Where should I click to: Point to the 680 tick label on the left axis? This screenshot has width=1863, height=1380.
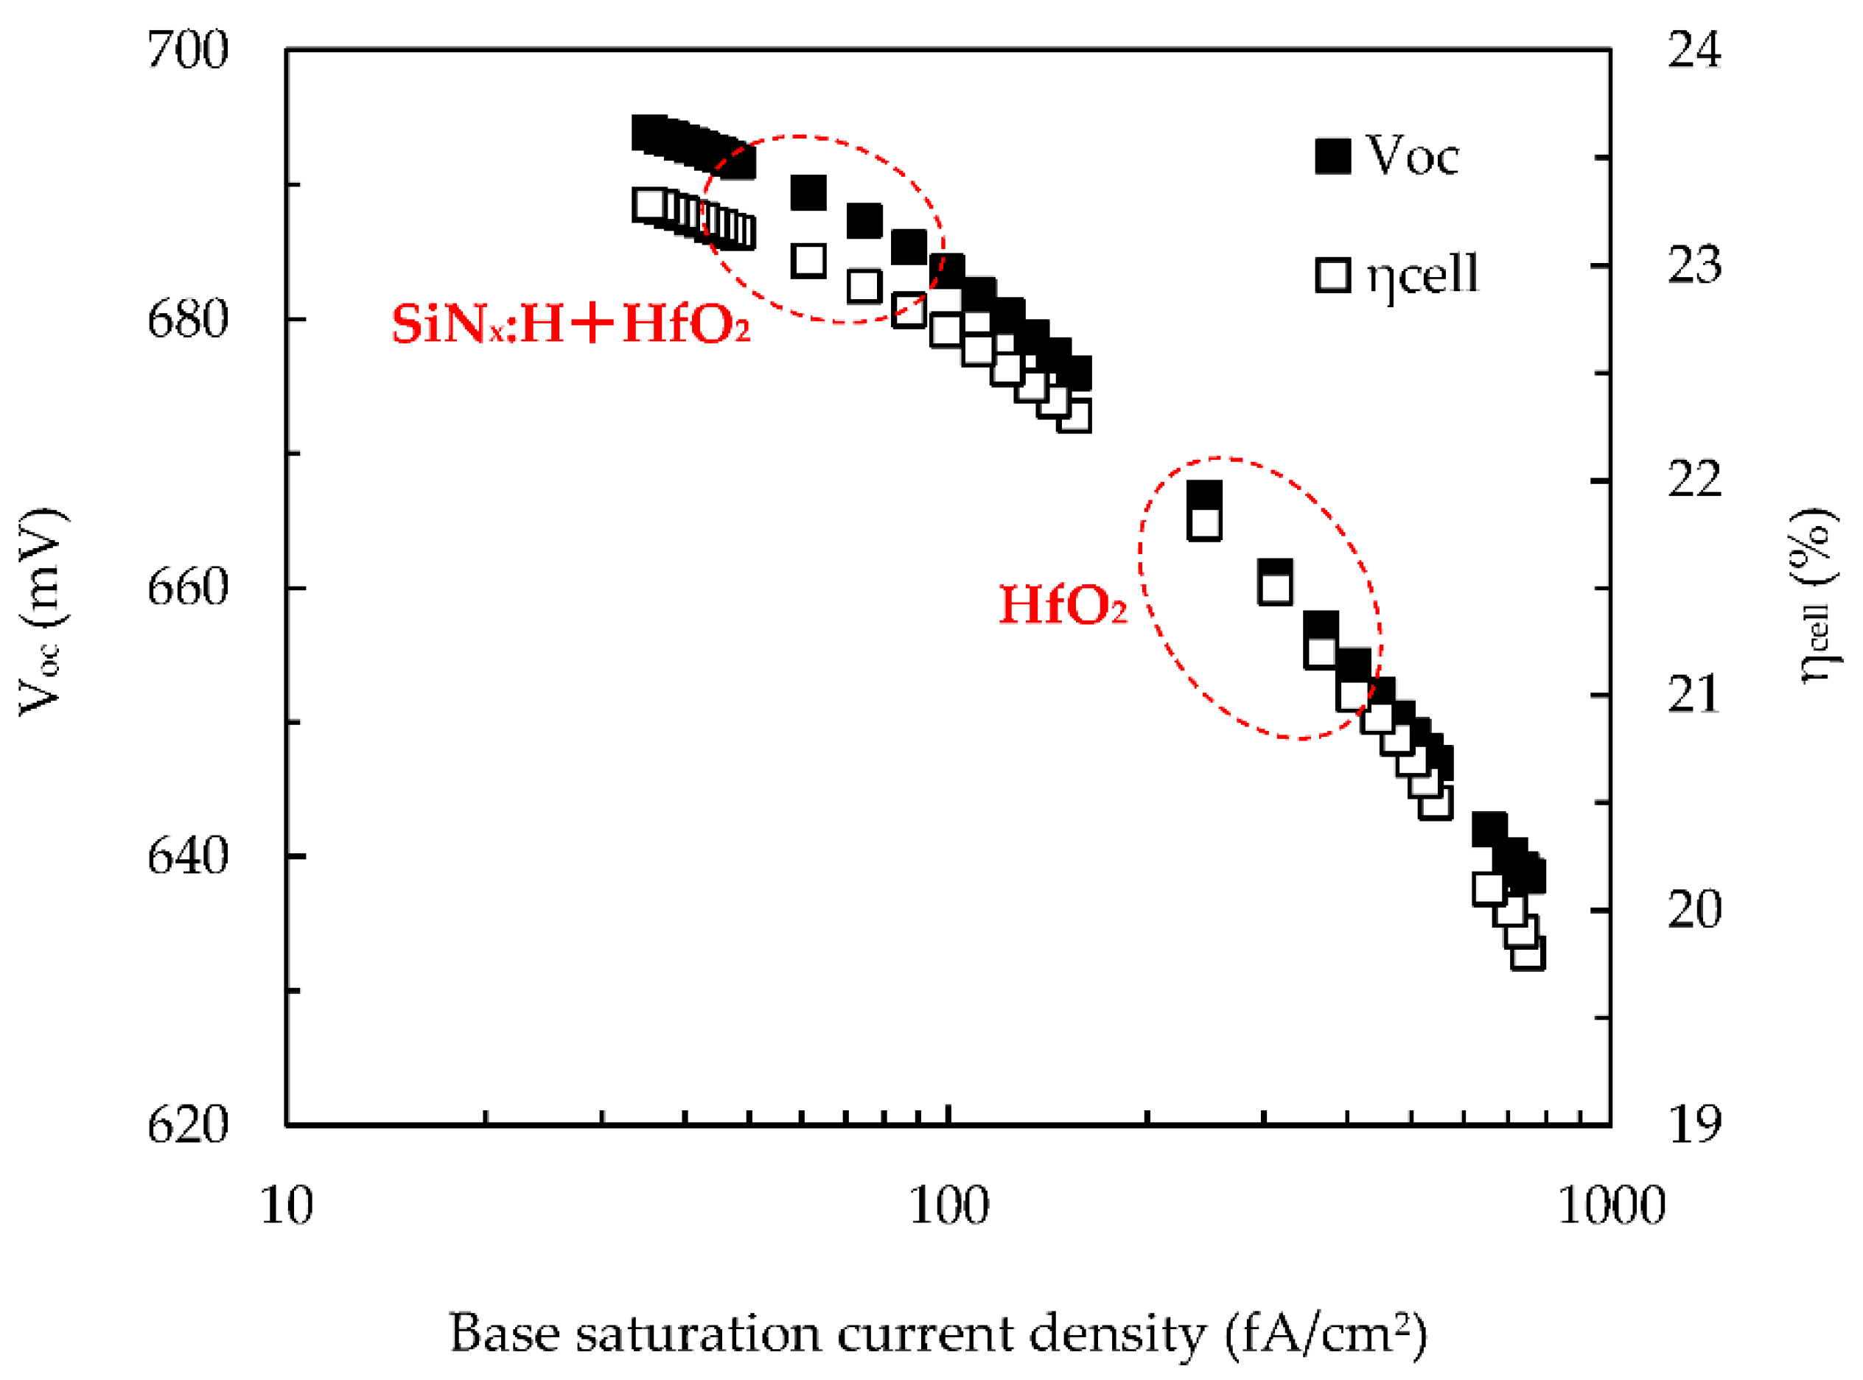[x=187, y=319]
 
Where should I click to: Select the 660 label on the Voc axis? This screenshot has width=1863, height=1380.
[x=187, y=587]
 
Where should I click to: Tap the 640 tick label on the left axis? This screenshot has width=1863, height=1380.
[x=187, y=855]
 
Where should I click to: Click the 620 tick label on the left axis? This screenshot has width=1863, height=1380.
[x=187, y=1124]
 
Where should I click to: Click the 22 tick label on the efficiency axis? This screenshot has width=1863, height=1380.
[x=1694, y=480]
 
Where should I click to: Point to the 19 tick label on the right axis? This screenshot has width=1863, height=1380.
[x=1694, y=1124]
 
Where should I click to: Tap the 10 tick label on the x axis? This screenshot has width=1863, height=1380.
[x=287, y=1206]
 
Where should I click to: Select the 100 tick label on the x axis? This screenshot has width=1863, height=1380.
[x=948, y=1206]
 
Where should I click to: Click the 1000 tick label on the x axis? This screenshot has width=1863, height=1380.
[x=1611, y=1206]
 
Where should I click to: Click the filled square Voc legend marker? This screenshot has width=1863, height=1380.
[x=1332, y=156]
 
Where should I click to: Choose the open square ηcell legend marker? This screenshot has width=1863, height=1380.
[x=1332, y=275]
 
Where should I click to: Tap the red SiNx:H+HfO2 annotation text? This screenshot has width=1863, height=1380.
[x=570, y=324]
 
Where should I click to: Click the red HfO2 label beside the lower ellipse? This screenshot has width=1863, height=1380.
[x=1063, y=605]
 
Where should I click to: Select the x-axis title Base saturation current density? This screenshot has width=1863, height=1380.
[x=937, y=1334]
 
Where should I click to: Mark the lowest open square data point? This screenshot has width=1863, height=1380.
[x=1527, y=953]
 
